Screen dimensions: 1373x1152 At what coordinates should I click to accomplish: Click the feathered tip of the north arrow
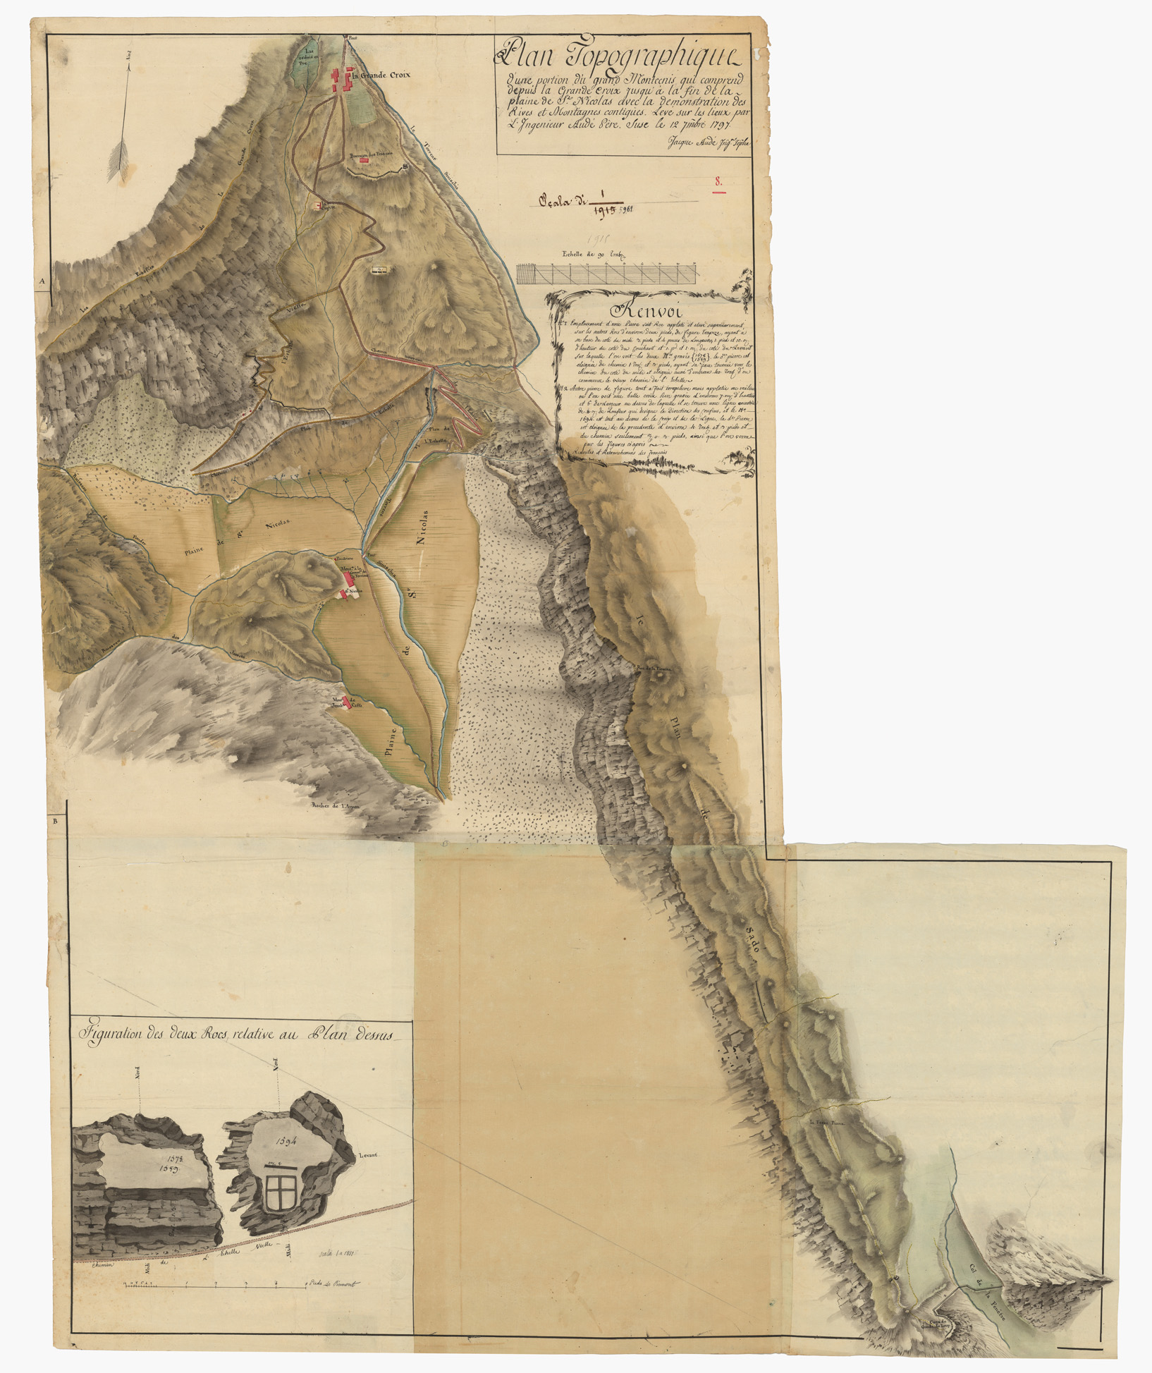pyautogui.click(x=118, y=159)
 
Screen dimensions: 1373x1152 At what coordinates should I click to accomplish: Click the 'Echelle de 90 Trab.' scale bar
pyautogui.click(x=607, y=274)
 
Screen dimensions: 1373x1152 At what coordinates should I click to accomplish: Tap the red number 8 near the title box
pyautogui.click(x=718, y=182)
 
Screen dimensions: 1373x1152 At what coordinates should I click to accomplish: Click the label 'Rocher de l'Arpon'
pyautogui.click(x=336, y=805)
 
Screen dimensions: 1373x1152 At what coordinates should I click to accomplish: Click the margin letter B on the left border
pyautogui.click(x=55, y=822)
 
